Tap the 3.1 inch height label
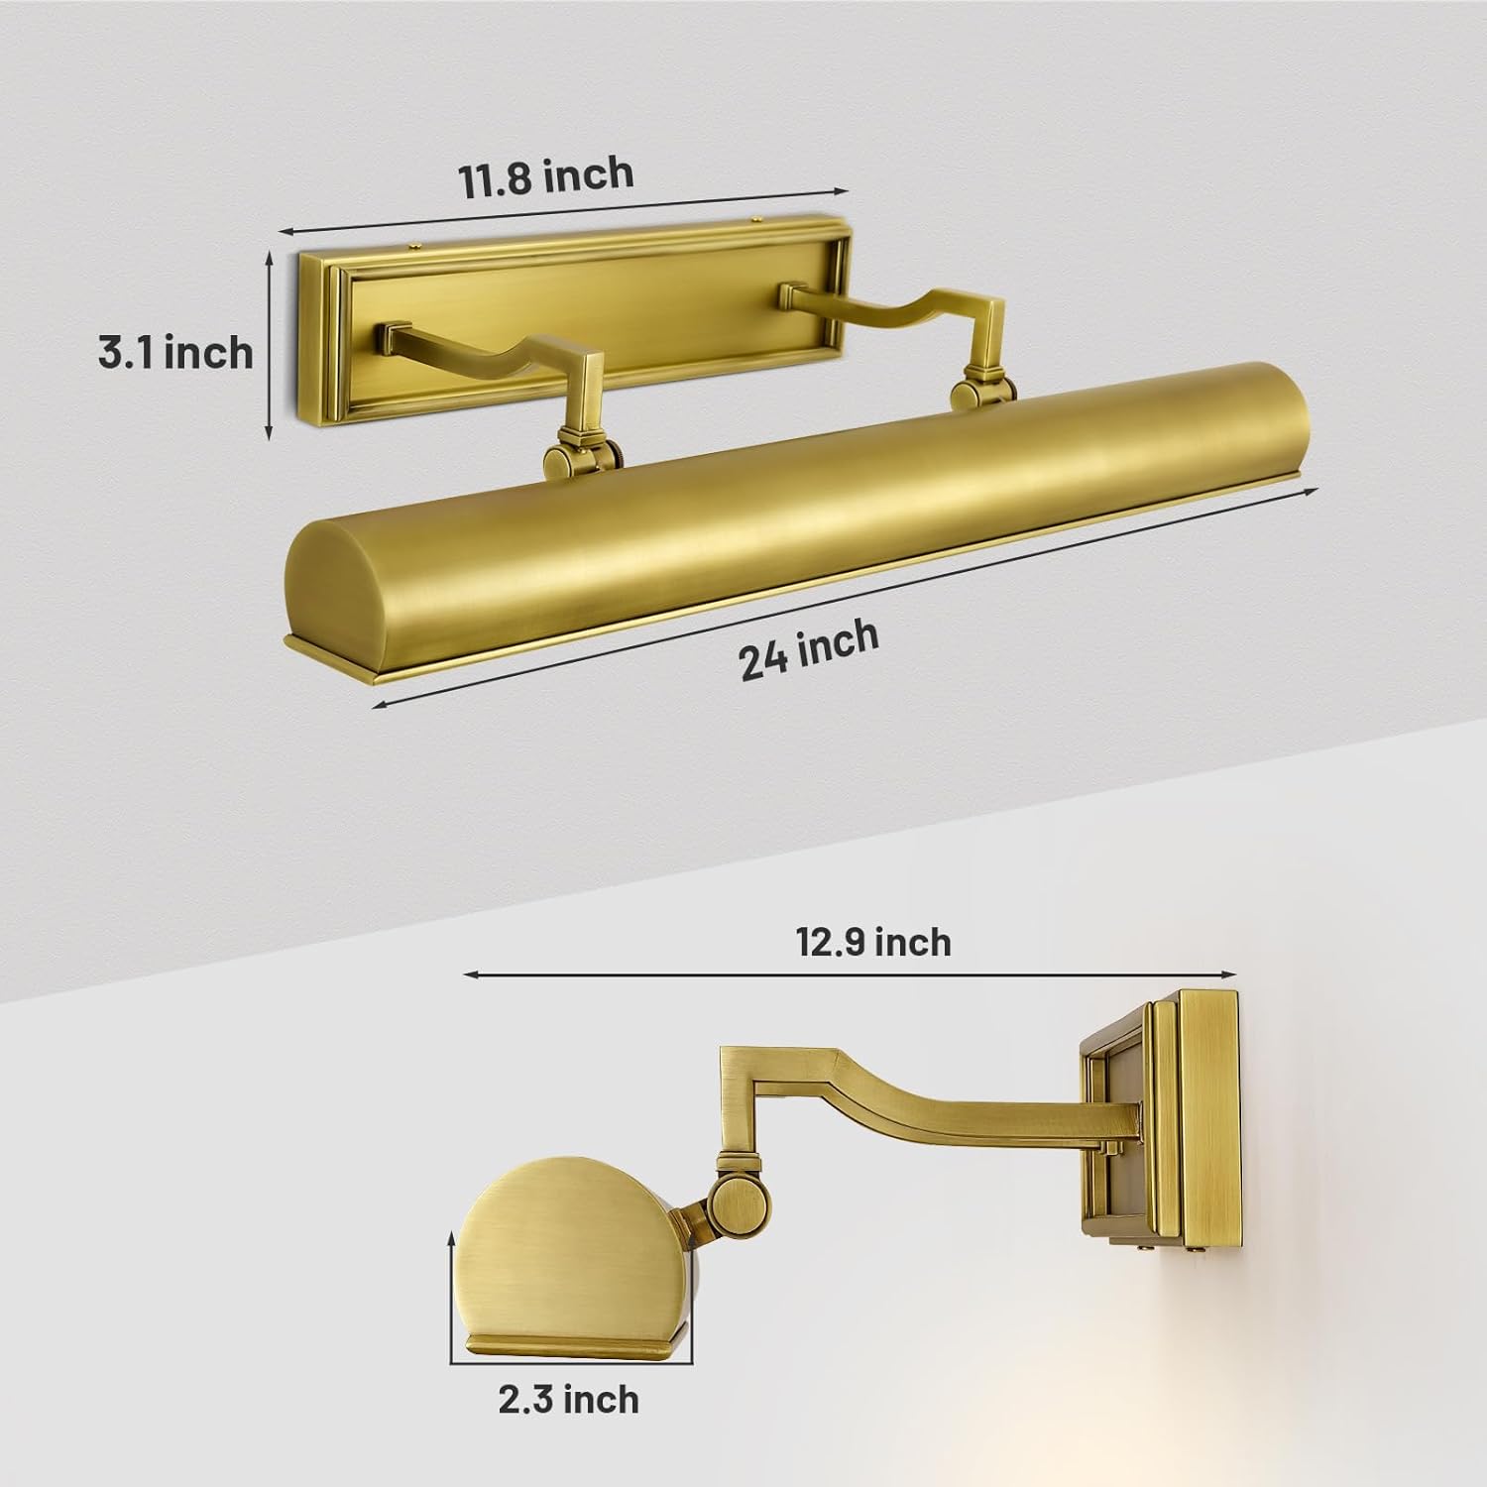(175, 352)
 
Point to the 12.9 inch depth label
(873, 941)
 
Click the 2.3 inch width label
(568, 1399)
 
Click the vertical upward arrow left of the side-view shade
(452, 1279)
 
